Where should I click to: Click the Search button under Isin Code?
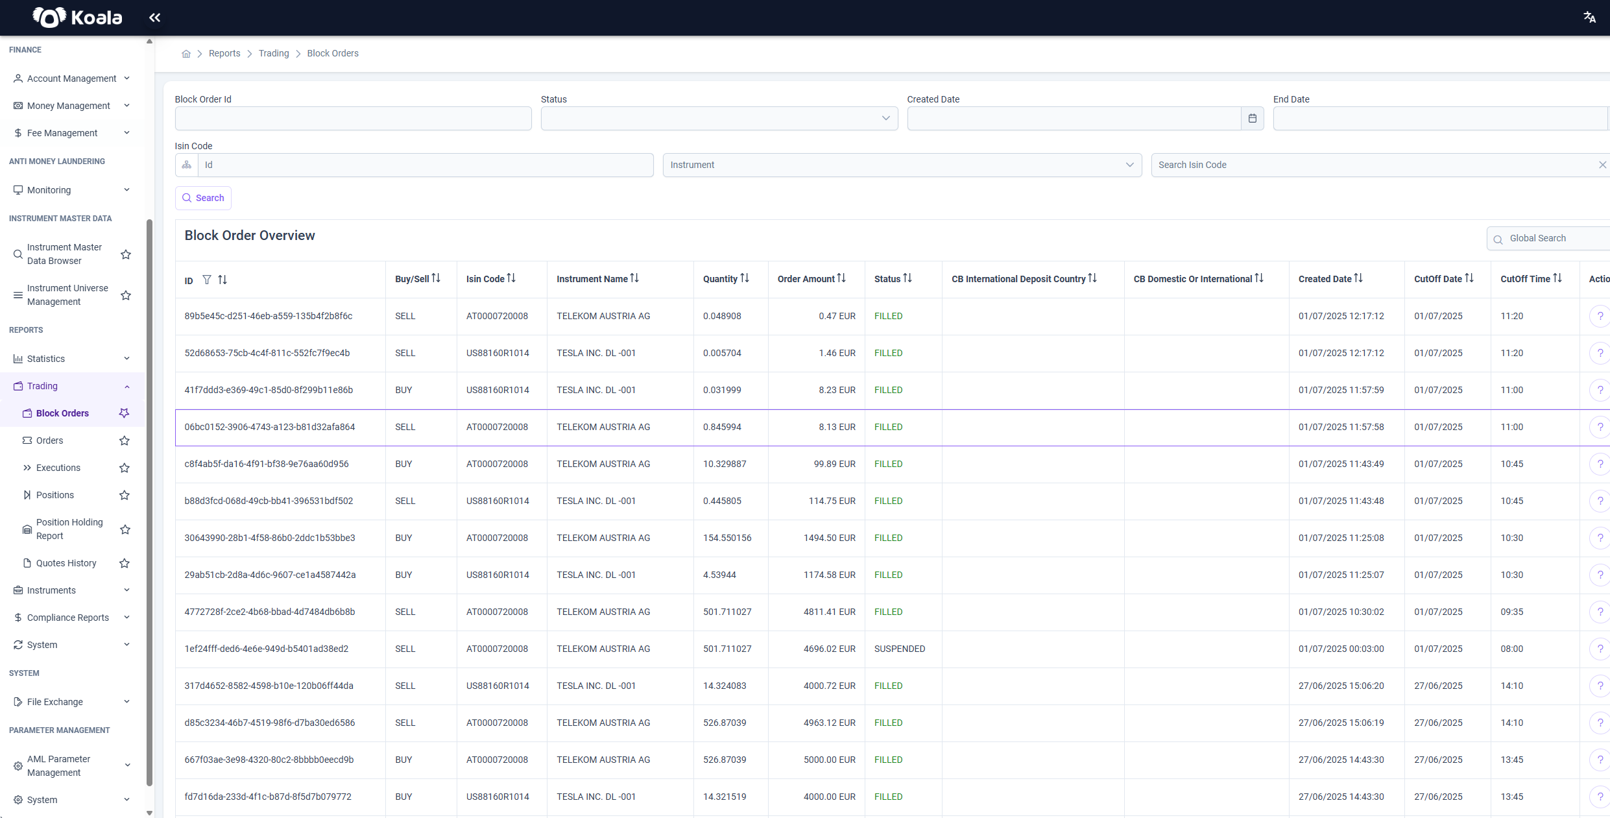[203, 198]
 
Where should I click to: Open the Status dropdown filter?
[719, 118]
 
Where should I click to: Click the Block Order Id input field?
[353, 118]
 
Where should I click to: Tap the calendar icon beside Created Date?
[1252, 118]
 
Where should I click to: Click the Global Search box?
[1550, 239]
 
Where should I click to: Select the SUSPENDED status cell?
[900, 649]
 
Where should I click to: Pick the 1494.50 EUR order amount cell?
[830, 538]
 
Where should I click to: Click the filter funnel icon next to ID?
[207, 280]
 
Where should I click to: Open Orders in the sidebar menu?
[49, 440]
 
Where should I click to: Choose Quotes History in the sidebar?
[66, 563]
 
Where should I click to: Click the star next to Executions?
[125, 468]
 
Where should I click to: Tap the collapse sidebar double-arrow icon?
[154, 18]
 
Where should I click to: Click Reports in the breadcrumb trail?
[224, 53]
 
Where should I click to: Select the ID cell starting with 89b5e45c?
[269, 316]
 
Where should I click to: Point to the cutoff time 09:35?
[1511, 612]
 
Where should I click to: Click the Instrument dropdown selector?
[902, 165]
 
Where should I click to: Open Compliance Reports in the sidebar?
[68, 618]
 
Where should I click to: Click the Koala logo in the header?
[77, 18]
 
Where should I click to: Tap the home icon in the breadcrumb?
[186, 54]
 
